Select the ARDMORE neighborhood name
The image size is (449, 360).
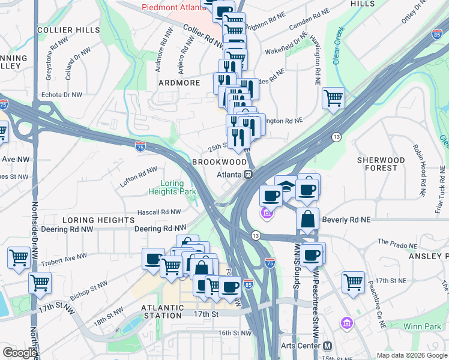pos(179,83)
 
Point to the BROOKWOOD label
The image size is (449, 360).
pos(219,163)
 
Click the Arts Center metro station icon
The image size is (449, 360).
pos(327,346)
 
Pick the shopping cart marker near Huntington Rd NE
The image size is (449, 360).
pos(333,97)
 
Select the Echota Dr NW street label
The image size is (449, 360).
pos(61,95)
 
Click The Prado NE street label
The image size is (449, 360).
pos(396,244)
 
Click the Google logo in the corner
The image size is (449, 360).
pos(20,353)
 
